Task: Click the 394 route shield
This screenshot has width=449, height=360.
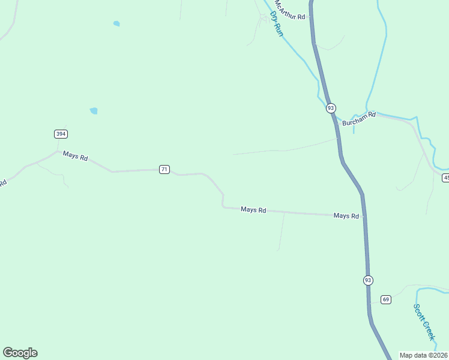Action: (x=60, y=133)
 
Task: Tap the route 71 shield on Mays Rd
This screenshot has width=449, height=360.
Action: (x=164, y=170)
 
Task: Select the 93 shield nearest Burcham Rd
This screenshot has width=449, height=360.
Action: (x=331, y=108)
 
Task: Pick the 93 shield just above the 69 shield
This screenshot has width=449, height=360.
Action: (x=368, y=280)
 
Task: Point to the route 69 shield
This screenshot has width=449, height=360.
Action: (x=386, y=299)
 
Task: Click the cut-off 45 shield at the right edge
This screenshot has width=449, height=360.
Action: (x=445, y=178)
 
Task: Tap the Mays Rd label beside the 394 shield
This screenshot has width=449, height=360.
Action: (x=76, y=157)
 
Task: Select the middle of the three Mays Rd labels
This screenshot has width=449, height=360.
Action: (x=253, y=210)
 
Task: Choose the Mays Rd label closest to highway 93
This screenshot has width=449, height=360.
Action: (x=346, y=215)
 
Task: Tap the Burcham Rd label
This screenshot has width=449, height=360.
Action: (x=358, y=118)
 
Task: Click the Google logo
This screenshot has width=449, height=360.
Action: (x=20, y=353)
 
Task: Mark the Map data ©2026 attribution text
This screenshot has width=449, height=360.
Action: (x=424, y=355)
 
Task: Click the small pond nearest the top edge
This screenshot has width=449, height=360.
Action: (x=116, y=24)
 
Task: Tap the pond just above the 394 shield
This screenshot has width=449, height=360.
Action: (x=94, y=111)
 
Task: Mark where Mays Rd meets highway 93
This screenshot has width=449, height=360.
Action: (x=364, y=217)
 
